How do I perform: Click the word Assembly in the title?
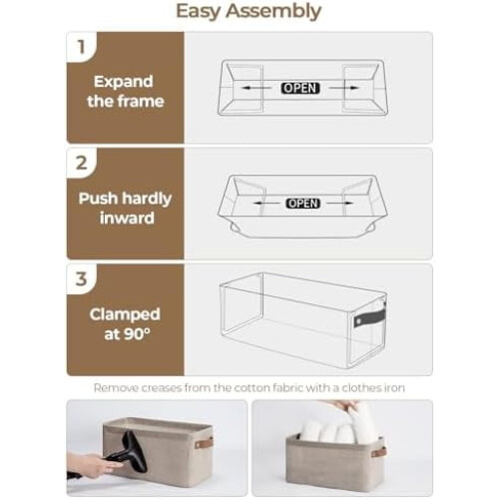tap(273, 12)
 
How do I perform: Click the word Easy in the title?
tap(199, 12)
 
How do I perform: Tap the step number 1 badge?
tap(81, 47)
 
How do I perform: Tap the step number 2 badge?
tap(82, 163)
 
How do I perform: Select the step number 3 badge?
tap(82, 279)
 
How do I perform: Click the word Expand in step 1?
tap(124, 82)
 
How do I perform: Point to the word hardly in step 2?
tap(147, 199)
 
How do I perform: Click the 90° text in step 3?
tap(137, 333)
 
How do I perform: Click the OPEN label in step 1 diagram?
tap(300, 88)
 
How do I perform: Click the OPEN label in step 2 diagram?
tap(303, 204)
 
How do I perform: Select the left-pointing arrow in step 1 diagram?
tap(255, 88)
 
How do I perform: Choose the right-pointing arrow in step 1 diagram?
tap(344, 88)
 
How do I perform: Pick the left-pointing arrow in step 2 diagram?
tap(266, 203)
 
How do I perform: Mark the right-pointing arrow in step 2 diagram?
tap(340, 203)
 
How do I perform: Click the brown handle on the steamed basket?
tap(204, 443)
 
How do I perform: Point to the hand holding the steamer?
tap(88, 464)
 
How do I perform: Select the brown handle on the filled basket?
tap(379, 452)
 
